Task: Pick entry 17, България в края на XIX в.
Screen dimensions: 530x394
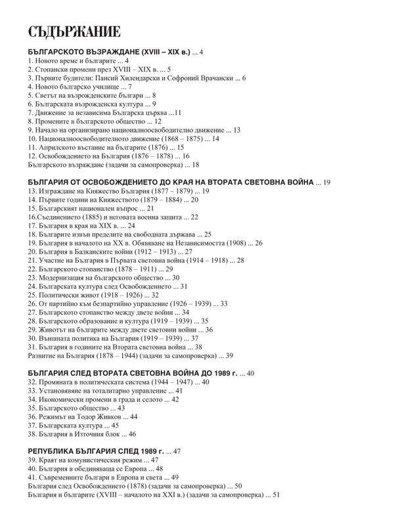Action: [x=75, y=225]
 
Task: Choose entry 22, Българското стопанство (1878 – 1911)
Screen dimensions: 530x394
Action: [x=95, y=269]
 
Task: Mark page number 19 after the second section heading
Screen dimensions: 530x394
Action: [x=326, y=182]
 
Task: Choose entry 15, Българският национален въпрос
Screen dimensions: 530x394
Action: [x=86, y=208]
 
